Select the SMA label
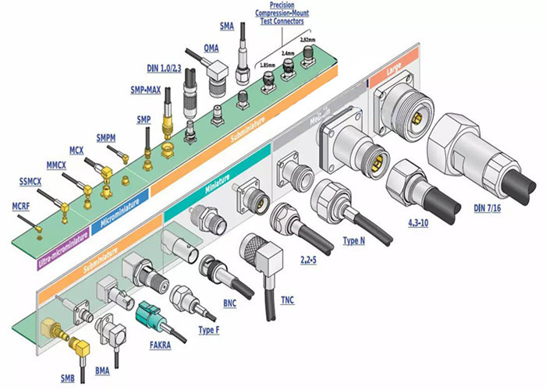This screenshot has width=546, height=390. point(227,27)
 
